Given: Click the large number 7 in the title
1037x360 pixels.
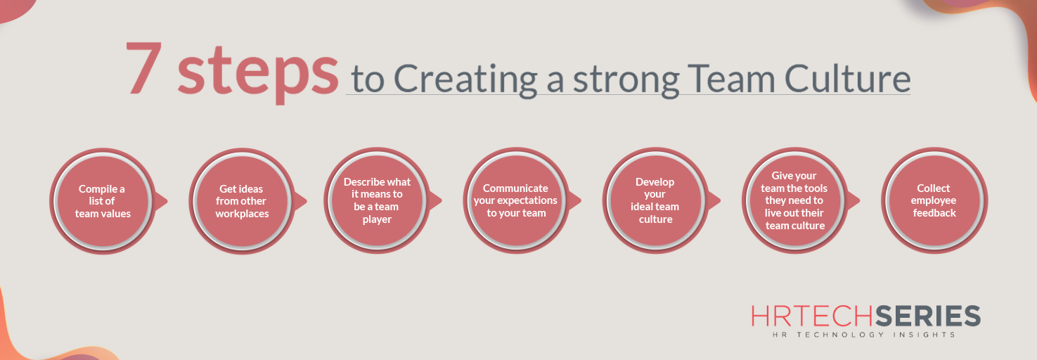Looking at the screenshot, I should tap(146, 68).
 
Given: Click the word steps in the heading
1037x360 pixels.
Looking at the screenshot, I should tap(257, 73).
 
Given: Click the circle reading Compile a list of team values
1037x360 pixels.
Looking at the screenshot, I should tap(103, 201).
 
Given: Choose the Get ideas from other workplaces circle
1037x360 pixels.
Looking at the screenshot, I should tap(242, 201).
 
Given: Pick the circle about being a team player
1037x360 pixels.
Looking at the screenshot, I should tap(377, 201).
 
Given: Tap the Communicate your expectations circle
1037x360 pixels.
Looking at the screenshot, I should tap(516, 201).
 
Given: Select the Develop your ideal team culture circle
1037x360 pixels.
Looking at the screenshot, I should tap(655, 201).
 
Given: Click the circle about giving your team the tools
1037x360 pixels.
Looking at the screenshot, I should tap(794, 201).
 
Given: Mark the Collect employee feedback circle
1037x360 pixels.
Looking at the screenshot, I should tap(934, 201).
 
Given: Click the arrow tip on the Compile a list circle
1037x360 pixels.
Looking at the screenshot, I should tap(165, 202).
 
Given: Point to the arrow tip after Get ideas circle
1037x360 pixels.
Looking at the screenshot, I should tap(304, 202).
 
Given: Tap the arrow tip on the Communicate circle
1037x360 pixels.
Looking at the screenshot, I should tap(578, 202).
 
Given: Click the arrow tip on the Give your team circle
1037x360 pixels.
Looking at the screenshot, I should tap(856, 202).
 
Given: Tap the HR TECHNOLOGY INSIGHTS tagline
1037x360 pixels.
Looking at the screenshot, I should tap(864, 335).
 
